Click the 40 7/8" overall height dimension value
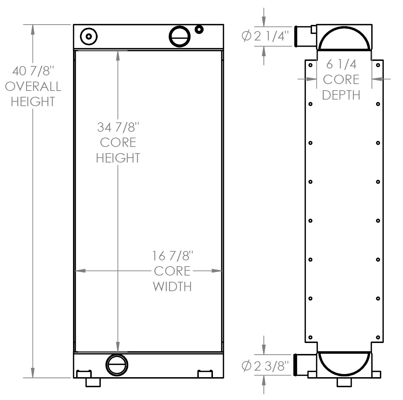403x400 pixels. click(x=33, y=71)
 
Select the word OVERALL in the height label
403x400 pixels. click(x=33, y=86)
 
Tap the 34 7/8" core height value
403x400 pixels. click(x=118, y=127)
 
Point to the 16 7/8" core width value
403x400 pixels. click(x=172, y=256)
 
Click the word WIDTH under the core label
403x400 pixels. click(x=172, y=287)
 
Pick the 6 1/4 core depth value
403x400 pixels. click(x=341, y=64)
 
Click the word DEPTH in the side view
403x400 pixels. click(x=341, y=95)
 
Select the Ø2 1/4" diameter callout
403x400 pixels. click(x=265, y=36)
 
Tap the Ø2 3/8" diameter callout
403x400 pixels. click(x=265, y=365)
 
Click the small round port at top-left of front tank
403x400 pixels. click(x=89, y=36)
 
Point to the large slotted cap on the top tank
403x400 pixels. click(x=179, y=36)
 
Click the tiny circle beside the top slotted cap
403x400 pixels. click(x=199, y=29)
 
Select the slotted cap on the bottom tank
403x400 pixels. click(x=117, y=364)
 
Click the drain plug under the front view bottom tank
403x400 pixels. click(x=93, y=382)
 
